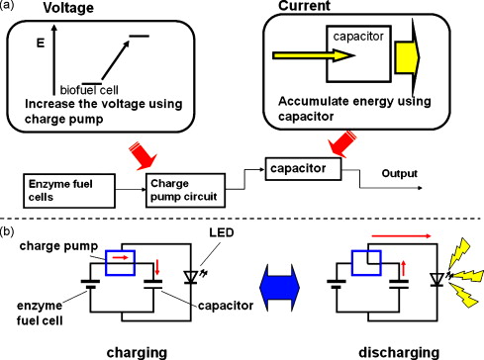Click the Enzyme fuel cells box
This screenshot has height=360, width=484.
tap(69, 191)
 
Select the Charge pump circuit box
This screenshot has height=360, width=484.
tap(186, 190)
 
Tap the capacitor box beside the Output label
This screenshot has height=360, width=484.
tap(303, 169)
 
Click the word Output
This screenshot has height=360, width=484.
tap(399, 173)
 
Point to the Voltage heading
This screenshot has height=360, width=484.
tap(68, 8)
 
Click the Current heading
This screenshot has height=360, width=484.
tap(304, 6)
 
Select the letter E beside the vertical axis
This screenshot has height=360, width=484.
tap(41, 44)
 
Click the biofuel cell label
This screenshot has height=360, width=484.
tap(89, 90)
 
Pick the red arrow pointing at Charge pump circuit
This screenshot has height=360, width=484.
tap(144, 155)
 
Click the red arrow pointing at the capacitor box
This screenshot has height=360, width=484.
tap(342, 143)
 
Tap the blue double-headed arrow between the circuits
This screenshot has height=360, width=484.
tap(279, 287)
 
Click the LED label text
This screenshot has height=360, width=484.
tap(222, 232)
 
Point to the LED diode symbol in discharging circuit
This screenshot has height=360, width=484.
tap(437, 279)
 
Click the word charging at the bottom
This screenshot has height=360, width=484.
tap(137, 353)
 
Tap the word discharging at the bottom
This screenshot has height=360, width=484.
tap(399, 352)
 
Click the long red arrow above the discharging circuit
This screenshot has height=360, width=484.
tap(401, 235)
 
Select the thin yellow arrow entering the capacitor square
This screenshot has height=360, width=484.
tap(314, 55)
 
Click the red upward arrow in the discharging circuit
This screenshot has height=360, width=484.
tap(403, 268)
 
